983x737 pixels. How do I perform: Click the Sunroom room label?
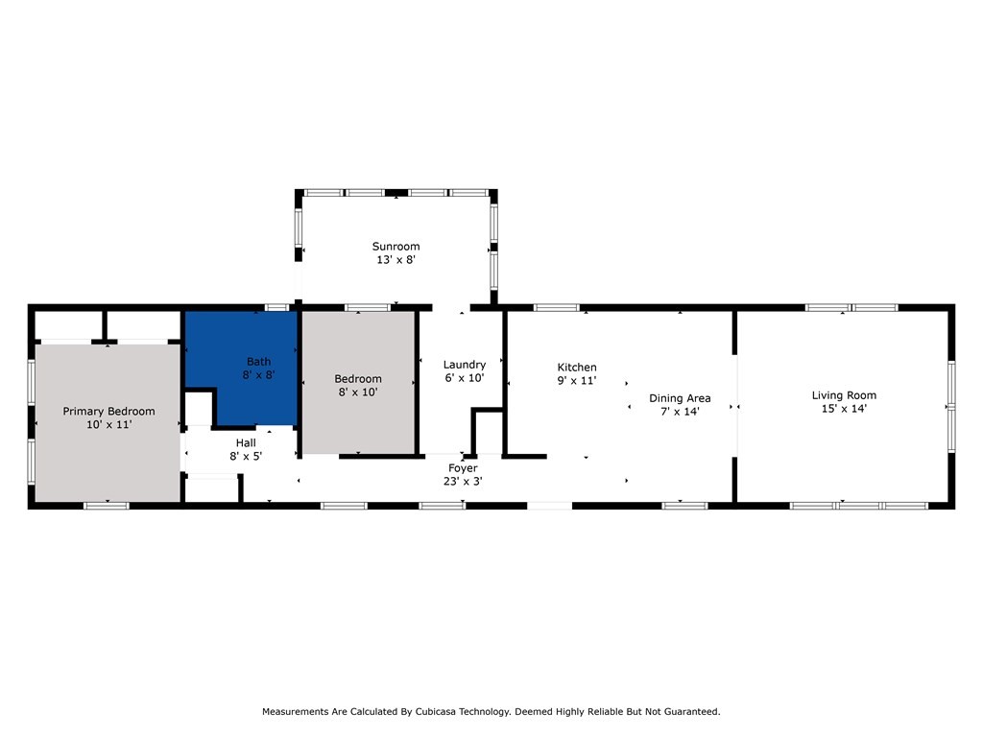(396, 247)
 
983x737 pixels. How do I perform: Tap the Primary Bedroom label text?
(108, 412)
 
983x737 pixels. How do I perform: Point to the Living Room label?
(844, 395)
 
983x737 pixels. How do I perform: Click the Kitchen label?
(577, 368)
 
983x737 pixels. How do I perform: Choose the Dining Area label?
(680, 398)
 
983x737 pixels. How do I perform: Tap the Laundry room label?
(464, 365)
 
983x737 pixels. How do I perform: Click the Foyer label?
(463, 468)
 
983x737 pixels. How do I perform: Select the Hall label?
(246, 443)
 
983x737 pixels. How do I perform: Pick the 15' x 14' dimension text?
(844, 409)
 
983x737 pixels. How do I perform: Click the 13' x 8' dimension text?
(396, 259)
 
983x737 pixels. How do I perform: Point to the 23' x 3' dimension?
(463, 481)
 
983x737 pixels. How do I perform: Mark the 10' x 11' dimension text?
(108, 424)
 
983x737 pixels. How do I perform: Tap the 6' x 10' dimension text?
(464, 378)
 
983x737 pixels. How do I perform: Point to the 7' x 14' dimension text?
(680, 412)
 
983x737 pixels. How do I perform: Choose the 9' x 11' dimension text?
(577, 381)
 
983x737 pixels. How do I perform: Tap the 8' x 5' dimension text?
(246, 457)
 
